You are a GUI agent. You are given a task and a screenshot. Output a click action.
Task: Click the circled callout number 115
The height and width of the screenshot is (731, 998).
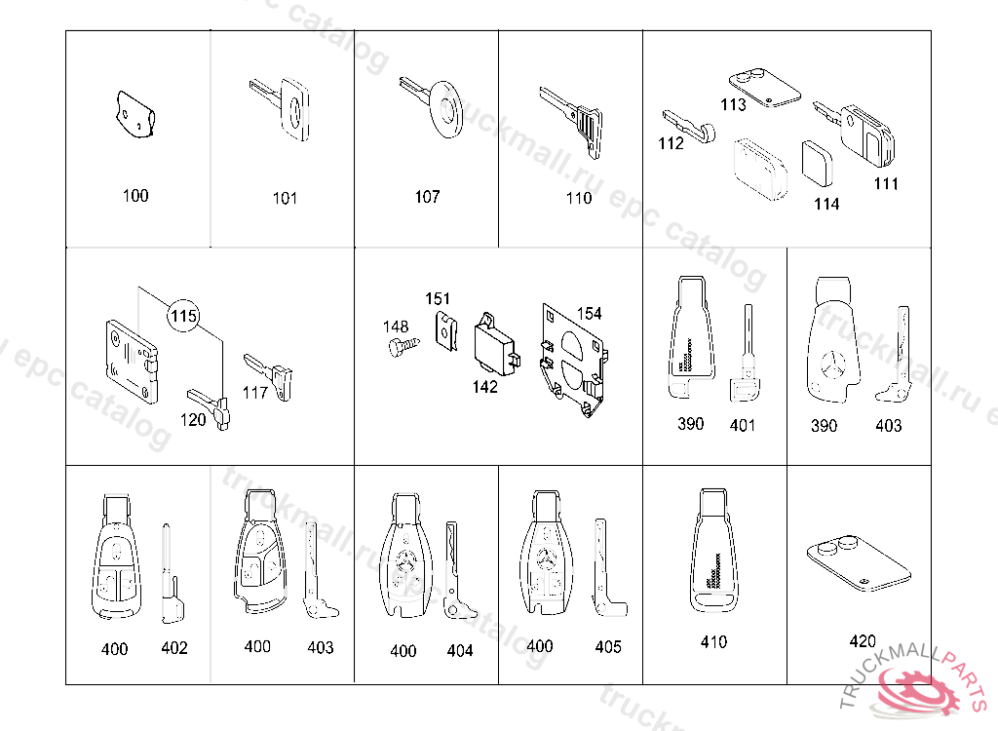coord(183,316)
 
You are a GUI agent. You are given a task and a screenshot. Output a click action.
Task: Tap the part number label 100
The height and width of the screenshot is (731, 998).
coord(135,196)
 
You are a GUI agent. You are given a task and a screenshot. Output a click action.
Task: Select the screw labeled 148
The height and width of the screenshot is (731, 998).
coord(403,347)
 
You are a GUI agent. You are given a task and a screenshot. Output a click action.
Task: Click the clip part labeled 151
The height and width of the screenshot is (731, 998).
coord(446,331)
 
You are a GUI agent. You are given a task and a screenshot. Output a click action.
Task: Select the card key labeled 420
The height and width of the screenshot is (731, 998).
coord(859,562)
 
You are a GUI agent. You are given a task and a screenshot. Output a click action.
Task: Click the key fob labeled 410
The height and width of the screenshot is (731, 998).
coord(713,552)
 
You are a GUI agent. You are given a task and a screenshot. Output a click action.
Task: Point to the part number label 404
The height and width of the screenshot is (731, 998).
coord(460,651)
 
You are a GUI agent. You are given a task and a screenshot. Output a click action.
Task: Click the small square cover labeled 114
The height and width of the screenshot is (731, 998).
coord(818,164)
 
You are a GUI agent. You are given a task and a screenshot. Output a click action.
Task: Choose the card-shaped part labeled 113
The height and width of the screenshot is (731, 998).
coord(764,89)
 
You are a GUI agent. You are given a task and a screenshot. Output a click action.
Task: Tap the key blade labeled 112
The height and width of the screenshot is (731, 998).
coord(689,126)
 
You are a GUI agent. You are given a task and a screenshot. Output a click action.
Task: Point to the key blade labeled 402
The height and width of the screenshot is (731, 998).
coord(171,573)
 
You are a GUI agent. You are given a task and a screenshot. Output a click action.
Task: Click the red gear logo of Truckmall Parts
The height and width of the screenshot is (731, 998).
coord(916,691)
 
